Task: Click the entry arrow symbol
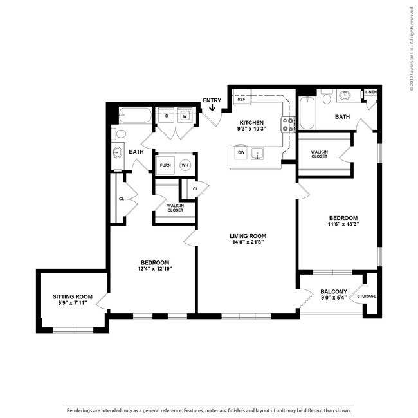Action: pyautogui.click(x=212, y=108)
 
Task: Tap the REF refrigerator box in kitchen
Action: pyautogui.click(x=242, y=99)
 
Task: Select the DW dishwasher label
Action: pyautogui.click(x=241, y=152)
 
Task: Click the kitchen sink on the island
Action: pyautogui.click(x=259, y=153)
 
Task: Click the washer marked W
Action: pyautogui.click(x=185, y=116)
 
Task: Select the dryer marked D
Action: pyautogui.click(x=167, y=116)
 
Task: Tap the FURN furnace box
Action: pyautogui.click(x=166, y=165)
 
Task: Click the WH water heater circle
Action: pyautogui.click(x=185, y=165)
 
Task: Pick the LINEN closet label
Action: pyautogui.click(x=371, y=93)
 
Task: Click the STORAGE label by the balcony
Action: pyautogui.click(x=367, y=296)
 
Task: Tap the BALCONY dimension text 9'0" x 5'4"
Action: pyautogui.click(x=334, y=298)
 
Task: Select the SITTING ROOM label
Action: pyautogui.click(x=73, y=296)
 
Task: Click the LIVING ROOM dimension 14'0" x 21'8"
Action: pyautogui.click(x=248, y=244)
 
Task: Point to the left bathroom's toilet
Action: pyautogui.click(x=119, y=134)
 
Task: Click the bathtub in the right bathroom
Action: pyautogui.click(x=308, y=114)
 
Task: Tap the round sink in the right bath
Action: pyautogui.click(x=346, y=95)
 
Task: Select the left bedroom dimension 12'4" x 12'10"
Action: pyautogui.click(x=155, y=268)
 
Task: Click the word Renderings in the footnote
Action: pyautogui.click(x=80, y=409)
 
